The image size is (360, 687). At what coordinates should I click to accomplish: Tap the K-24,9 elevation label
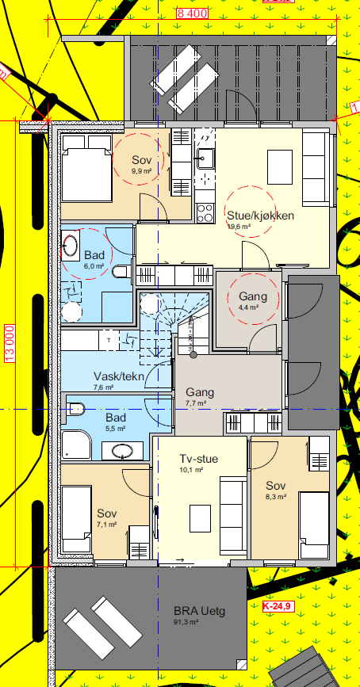(277, 606)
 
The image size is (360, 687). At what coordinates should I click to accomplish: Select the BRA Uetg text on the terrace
(200, 612)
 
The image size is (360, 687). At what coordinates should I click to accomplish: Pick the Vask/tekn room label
(118, 376)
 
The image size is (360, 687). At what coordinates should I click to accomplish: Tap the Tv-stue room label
(198, 459)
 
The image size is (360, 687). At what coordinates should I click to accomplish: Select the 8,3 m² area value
(276, 498)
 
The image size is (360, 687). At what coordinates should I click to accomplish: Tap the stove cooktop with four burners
(204, 212)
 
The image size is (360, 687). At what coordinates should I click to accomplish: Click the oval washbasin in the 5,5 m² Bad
(122, 451)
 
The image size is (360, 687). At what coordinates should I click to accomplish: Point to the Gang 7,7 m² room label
(200, 392)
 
